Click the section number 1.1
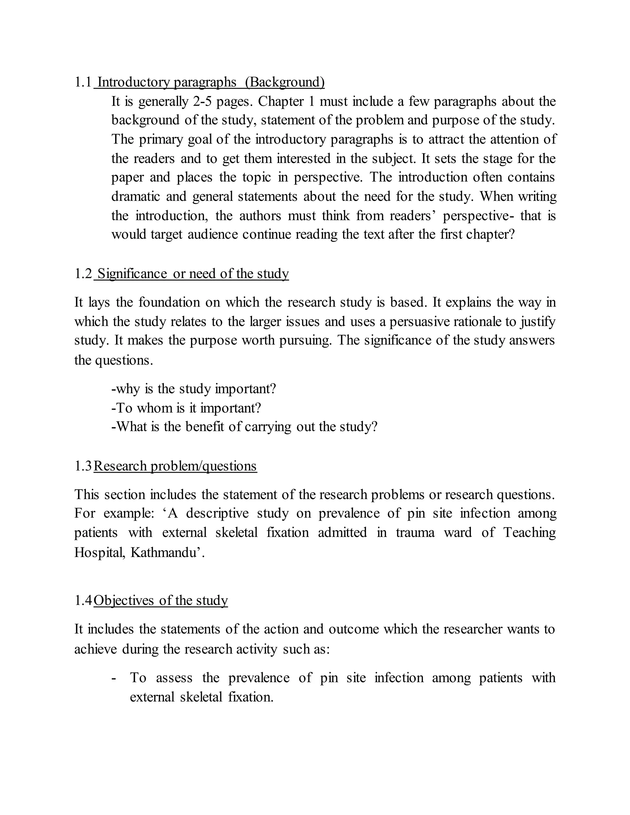pyautogui.click(x=83, y=82)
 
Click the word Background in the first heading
pyautogui.click(x=285, y=82)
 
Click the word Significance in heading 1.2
pyautogui.click(x=132, y=274)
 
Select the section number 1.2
pyautogui.click(x=83, y=274)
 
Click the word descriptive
pyautogui.click(x=217, y=514)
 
